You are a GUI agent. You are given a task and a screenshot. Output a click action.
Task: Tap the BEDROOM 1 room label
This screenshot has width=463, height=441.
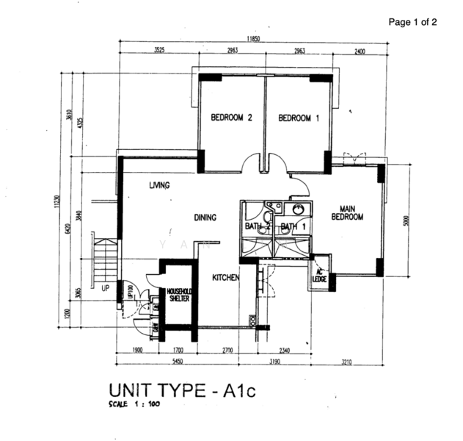pos(299,118)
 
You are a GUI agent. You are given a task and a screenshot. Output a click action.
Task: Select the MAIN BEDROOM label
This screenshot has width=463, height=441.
pos(347,212)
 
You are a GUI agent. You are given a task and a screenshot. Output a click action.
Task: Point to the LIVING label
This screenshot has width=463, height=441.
pos(159,185)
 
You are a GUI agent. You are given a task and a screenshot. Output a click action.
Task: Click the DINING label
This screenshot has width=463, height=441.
pos(205,218)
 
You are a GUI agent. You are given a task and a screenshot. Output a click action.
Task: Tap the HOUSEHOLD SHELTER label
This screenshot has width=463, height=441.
pos(179,295)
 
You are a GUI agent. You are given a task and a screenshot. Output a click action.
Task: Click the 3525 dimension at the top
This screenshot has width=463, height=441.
pos(158,51)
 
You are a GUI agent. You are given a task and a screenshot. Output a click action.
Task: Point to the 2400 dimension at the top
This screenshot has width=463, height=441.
pos(360,51)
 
